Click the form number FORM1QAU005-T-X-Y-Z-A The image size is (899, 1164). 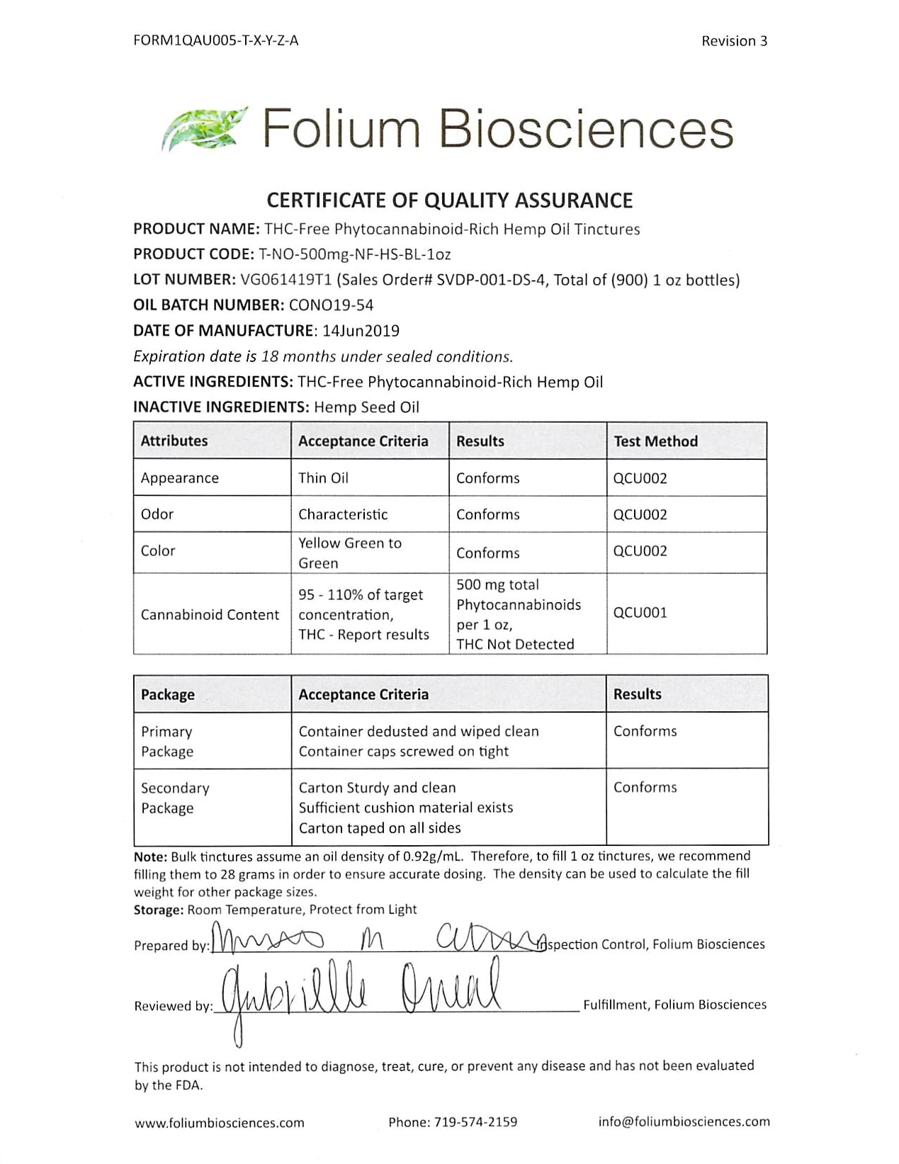[x=215, y=40]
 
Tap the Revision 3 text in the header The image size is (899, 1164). [x=734, y=41]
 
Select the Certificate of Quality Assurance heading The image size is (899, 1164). [x=449, y=200]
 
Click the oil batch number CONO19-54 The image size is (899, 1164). [x=331, y=305]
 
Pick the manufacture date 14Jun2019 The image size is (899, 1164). [x=360, y=331]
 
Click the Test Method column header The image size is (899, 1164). [x=655, y=441]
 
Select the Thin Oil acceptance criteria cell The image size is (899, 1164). [x=323, y=478]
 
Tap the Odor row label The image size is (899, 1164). [x=157, y=514]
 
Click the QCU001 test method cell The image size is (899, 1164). [x=640, y=613]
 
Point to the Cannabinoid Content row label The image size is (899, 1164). [x=210, y=614]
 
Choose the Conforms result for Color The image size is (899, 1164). [x=487, y=553]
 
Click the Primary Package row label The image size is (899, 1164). [x=167, y=741]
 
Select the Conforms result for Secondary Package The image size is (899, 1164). [x=645, y=787]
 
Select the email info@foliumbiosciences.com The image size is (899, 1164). [x=684, y=1121]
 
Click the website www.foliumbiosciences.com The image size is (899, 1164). [x=219, y=1122]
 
